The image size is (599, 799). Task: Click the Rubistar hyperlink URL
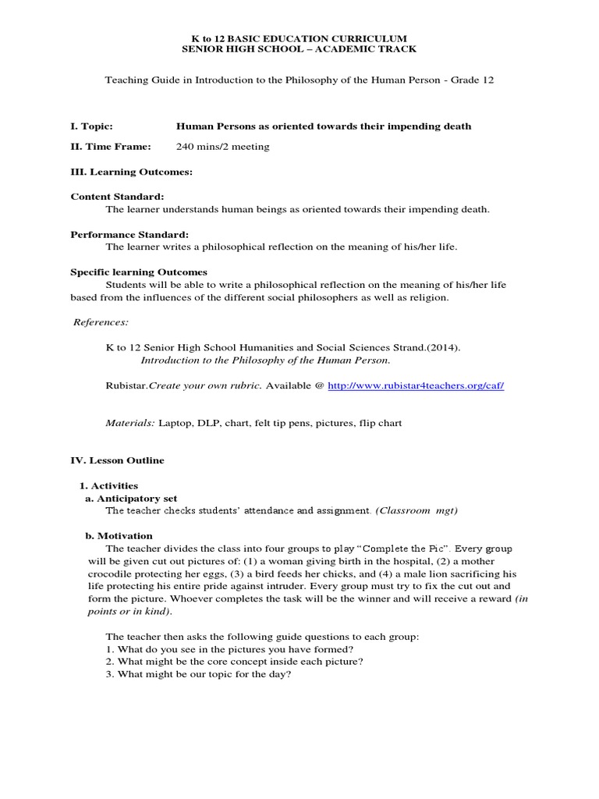tap(416, 385)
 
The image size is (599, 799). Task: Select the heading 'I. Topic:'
tap(91, 126)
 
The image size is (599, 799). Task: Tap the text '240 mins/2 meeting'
tap(222, 147)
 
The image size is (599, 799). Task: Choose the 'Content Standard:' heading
tap(117, 197)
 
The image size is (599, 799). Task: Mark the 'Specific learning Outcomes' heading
tap(139, 272)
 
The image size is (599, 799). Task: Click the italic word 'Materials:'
tap(130, 423)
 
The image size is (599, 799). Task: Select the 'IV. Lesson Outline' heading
tap(117, 460)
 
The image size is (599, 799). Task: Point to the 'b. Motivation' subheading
tap(119, 535)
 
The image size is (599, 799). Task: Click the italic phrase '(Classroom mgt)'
tap(416, 510)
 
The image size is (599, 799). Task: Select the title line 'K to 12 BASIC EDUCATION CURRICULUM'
tap(299, 37)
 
